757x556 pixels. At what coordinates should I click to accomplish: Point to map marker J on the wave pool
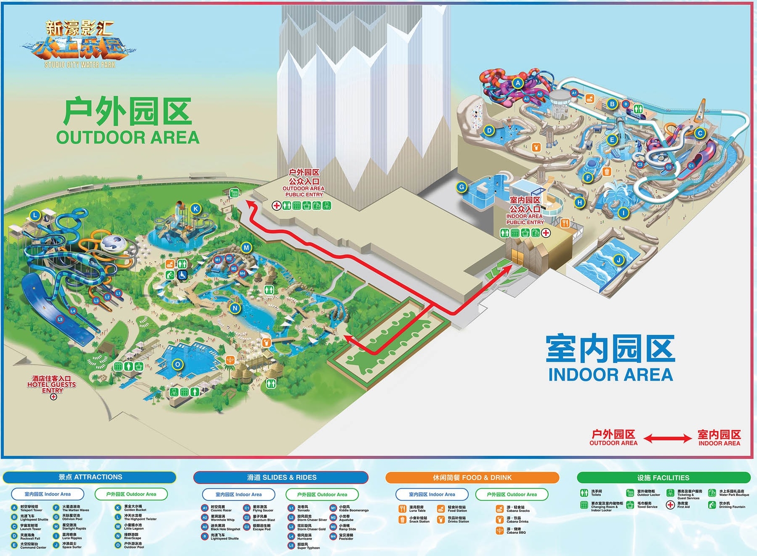(x=618, y=260)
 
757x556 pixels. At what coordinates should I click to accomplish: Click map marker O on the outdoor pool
(x=178, y=365)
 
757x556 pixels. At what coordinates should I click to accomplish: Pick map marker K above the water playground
(x=195, y=208)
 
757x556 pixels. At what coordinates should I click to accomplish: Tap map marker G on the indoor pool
(x=462, y=187)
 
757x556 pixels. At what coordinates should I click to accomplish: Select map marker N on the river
(x=235, y=308)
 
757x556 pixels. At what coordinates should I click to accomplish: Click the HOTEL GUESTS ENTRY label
(x=52, y=384)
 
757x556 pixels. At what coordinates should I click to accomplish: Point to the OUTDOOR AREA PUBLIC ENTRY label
(x=304, y=183)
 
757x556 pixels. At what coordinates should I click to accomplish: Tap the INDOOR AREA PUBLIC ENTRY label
(x=525, y=210)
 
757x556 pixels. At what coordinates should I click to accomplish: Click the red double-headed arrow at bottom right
(x=667, y=439)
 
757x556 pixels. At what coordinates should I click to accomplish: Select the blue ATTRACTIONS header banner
(x=90, y=477)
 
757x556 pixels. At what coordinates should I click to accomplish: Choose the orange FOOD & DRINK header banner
(x=472, y=478)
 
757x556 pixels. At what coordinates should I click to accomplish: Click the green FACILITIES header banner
(x=663, y=478)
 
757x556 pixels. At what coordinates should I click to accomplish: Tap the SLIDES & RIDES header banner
(x=281, y=478)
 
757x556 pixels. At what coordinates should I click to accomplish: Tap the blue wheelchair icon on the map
(x=182, y=275)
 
